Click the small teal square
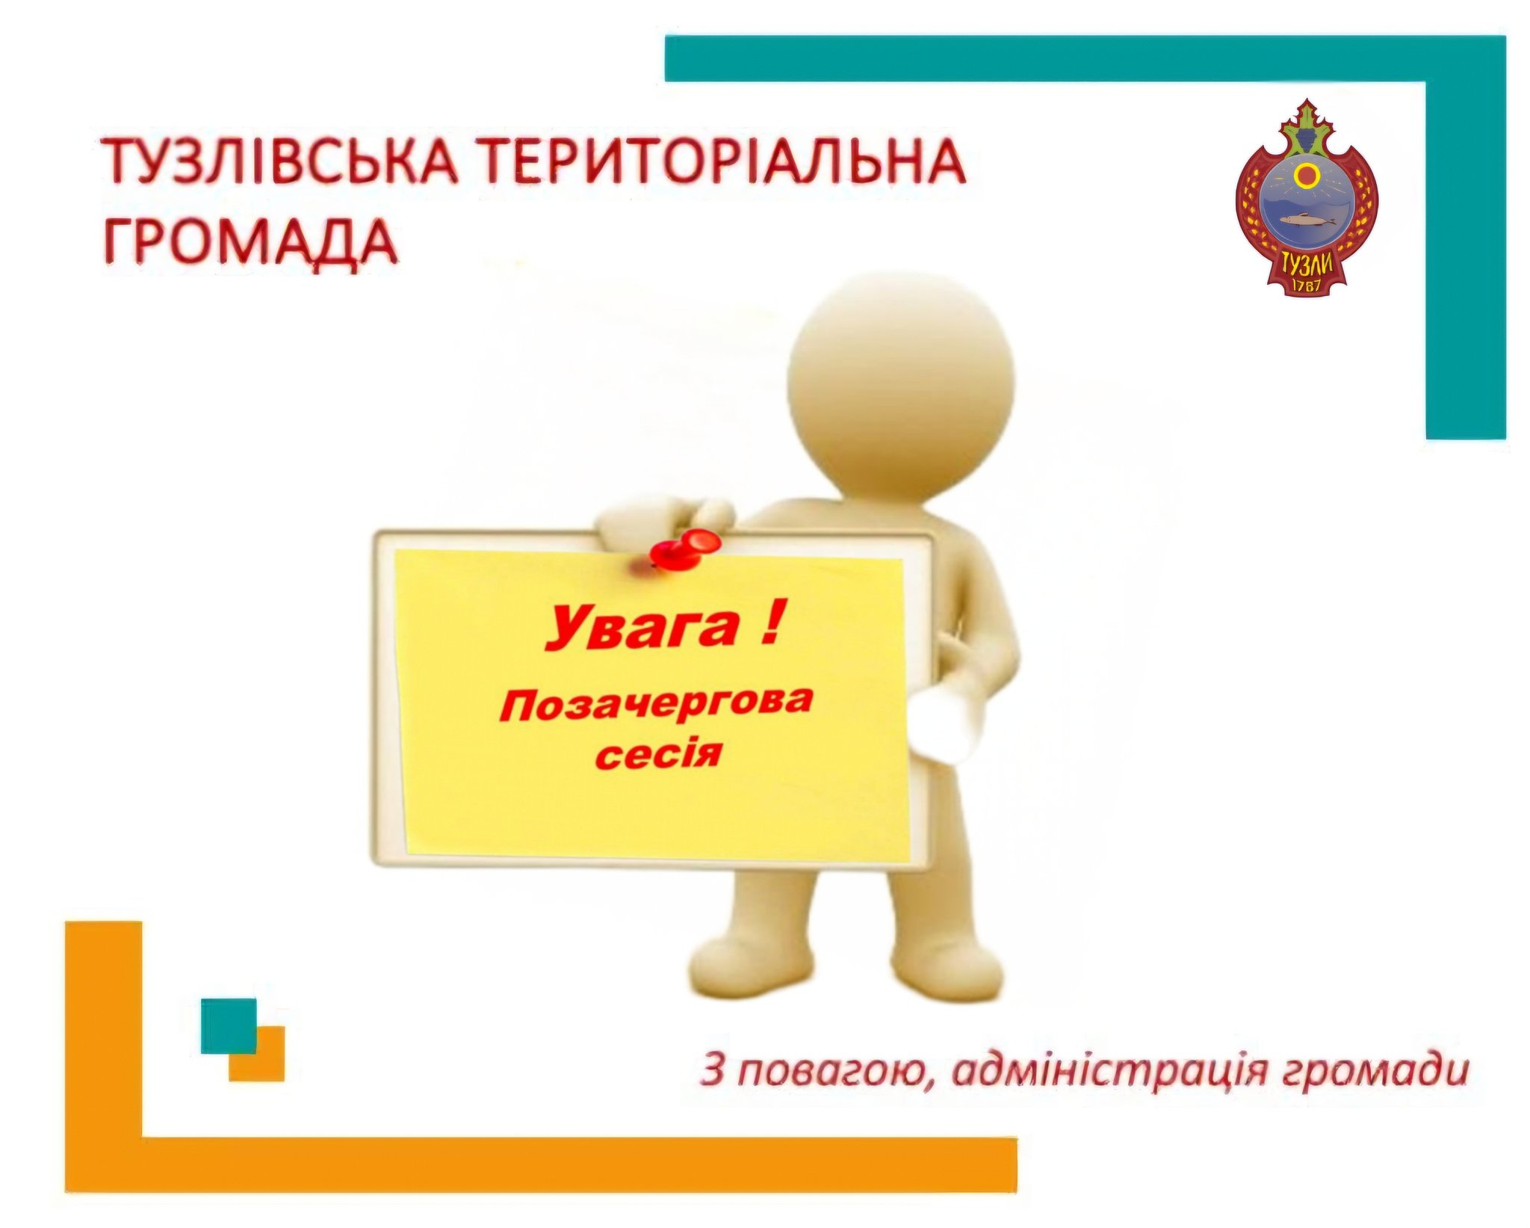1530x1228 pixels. pyautogui.click(x=229, y=1025)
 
